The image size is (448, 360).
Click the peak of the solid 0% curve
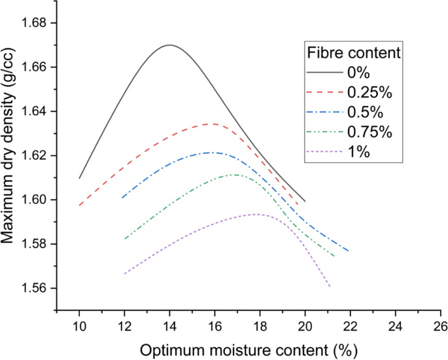(169, 45)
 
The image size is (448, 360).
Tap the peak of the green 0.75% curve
(234, 175)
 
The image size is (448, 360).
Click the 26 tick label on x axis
(440, 325)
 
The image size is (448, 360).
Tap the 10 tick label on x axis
(79, 325)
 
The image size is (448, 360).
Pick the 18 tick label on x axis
(260, 325)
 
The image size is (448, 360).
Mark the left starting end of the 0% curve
(79, 178)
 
